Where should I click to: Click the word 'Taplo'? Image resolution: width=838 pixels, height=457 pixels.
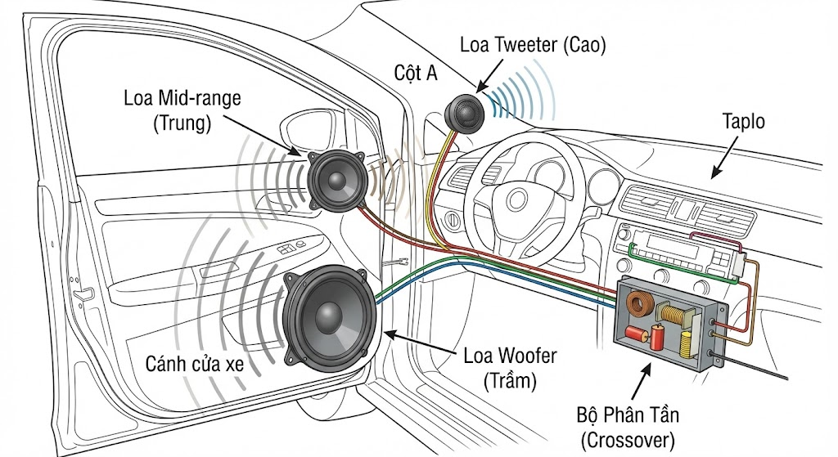[x=743, y=122]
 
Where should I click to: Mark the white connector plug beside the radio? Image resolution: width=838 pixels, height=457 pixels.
[x=741, y=266]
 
